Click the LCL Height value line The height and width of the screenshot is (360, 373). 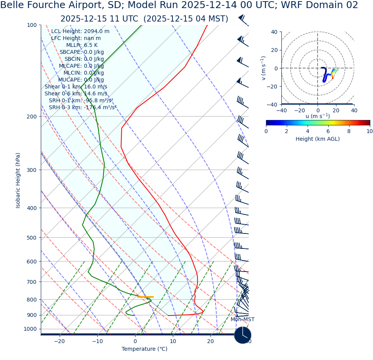pos(80,32)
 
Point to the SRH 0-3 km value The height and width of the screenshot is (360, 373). pos(82,108)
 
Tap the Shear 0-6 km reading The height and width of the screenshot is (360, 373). pos(76,94)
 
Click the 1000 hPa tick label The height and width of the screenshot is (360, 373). pos(30,329)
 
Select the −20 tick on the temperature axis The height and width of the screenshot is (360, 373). pos(59,342)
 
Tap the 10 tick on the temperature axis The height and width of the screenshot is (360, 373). pos(173,342)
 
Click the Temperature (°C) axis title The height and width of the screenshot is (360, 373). pos(144,349)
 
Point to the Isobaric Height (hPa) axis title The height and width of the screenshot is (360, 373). pos(18,180)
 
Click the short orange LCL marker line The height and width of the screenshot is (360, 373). pos(145,297)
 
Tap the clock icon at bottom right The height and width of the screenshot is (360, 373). pos(243,335)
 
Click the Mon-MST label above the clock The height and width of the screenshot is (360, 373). pos(243,320)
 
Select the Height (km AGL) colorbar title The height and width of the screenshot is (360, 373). pos(318,139)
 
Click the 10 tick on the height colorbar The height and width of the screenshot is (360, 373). pos(370,131)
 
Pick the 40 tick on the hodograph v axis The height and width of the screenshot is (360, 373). pos(274,32)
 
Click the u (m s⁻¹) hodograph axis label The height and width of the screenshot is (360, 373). pos(318,116)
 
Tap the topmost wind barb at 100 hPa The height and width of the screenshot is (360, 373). pos(243,19)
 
